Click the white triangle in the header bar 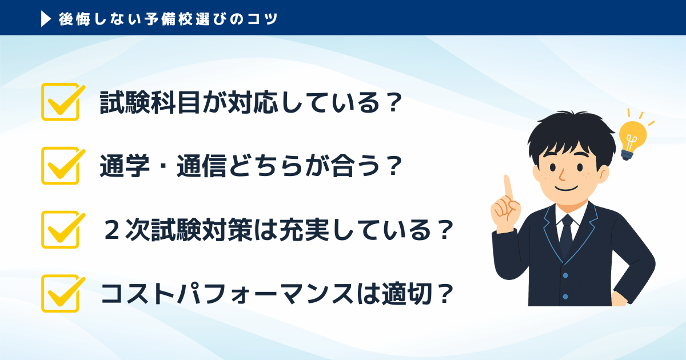pos(45,19)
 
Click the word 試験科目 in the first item pos(150,102)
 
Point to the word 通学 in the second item pos(125,166)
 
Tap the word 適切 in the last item pos(406,294)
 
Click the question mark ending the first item pos(392,102)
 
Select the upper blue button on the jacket pos(565,275)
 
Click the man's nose pos(563,175)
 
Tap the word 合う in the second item pos(355,166)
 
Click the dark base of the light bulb pos(627,155)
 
